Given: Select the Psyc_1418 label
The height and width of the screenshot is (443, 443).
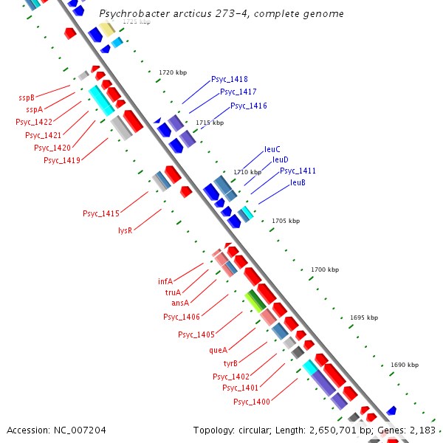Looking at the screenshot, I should (x=229, y=79).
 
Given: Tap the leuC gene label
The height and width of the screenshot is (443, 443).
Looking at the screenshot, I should (x=272, y=149).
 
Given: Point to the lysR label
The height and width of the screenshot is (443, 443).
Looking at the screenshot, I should (x=125, y=230).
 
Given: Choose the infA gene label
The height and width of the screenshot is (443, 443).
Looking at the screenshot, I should (x=165, y=281).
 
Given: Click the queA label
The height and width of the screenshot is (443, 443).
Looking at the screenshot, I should (x=219, y=351).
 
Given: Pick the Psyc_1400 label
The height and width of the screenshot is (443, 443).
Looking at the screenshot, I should (x=252, y=402).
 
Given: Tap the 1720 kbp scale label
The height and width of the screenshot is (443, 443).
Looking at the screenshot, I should (x=173, y=72).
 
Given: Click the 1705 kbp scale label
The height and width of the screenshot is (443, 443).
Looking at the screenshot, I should (x=286, y=221).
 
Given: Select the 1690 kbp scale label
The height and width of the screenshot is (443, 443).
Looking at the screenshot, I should (x=404, y=365).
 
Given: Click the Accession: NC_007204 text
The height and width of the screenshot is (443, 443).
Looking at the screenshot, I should (x=56, y=430).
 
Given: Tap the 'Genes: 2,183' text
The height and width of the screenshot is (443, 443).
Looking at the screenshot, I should (x=411, y=430).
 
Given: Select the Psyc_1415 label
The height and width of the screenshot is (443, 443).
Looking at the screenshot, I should (x=100, y=213).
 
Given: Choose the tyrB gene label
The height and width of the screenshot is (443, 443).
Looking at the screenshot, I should (x=230, y=363).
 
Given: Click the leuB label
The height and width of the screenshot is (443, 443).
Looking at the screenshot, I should (x=298, y=182).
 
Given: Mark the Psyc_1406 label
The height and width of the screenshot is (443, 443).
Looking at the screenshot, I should (x=182, y=317).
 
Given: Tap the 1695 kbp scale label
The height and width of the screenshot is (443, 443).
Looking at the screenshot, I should (x=363, y=317).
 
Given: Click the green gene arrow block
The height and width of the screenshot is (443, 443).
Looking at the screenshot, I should (x=255, y=300).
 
